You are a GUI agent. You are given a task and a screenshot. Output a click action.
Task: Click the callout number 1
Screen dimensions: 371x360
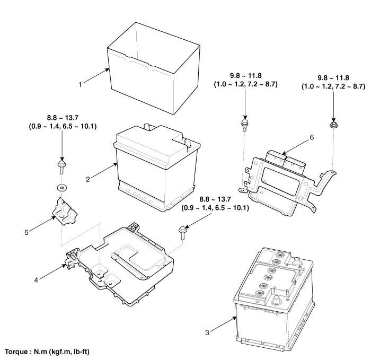(x=80, y=84)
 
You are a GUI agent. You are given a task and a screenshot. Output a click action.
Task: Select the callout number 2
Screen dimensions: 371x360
(x=88, y=179)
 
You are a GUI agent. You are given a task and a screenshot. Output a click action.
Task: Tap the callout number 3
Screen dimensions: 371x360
(x=207, y=332)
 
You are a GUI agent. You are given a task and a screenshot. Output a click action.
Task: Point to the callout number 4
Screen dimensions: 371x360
(x=36, y=280)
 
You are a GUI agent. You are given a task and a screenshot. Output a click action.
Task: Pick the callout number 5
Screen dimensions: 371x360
(x=26, y=232)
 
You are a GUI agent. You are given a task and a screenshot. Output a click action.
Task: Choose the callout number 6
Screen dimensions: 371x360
(x=312, y=137)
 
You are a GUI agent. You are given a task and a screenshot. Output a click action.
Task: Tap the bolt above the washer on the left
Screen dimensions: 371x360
(x=62, y=168)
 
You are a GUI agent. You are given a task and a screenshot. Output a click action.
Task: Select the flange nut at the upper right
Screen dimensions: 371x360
(x=333, y=125)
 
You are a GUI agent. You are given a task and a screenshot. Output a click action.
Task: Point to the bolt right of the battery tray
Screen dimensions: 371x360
(x=183, y=233)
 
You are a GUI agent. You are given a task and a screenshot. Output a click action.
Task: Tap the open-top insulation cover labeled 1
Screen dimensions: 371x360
(x=154, y=68)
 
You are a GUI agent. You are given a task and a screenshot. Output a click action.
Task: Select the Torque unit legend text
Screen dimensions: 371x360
(x=47, y=352)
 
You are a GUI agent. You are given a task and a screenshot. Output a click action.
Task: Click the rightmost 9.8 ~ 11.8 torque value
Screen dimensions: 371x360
(x=333, y=78)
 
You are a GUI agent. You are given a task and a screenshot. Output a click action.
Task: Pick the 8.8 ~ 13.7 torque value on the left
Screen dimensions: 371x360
(x=63, y=118)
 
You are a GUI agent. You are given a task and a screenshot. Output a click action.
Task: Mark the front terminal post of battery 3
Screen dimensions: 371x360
(x=276, y=300)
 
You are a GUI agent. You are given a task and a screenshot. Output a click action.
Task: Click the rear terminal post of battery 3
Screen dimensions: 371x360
(x=296, y=261)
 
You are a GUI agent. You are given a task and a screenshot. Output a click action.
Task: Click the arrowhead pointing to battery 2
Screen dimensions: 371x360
(x=116, y=164)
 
